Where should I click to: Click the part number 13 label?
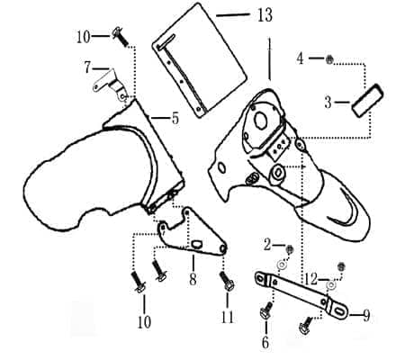265,15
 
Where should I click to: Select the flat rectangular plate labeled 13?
200,60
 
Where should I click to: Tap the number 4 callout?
300,58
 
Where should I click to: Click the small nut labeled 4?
329,59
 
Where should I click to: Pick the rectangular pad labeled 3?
368,100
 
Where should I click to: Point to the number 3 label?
328,103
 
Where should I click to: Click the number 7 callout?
87,67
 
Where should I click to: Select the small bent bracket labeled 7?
110,85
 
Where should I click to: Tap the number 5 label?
175,119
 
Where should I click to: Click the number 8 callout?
193,279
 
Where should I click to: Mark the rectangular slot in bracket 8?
197,244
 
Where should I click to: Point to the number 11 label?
227,317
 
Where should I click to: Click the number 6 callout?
265,343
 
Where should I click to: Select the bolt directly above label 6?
265,311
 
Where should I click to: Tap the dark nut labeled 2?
290,249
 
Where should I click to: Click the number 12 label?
310,280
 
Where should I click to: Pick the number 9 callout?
366,316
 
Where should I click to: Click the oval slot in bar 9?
339,311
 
